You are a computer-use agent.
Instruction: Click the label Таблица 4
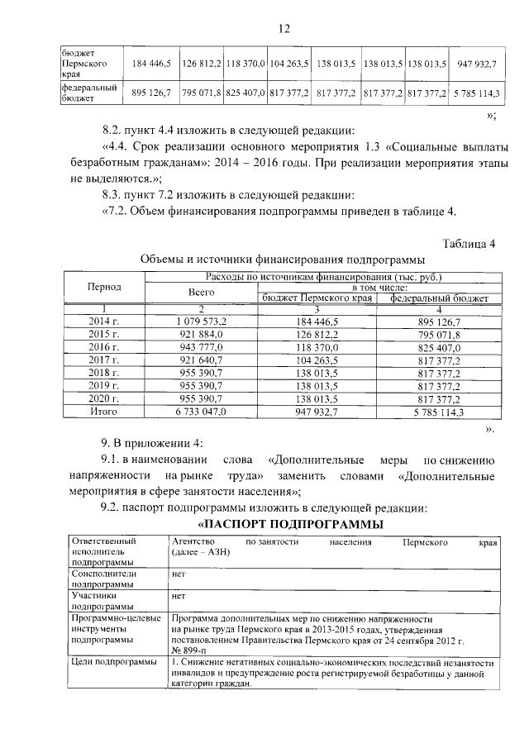pyautogui.click(x=469, y=243)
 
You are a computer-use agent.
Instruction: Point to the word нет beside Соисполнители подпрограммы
pyautogui.click(x=178, y=572)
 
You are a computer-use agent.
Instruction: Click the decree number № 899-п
pyautogui.click(x=189, y=650)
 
